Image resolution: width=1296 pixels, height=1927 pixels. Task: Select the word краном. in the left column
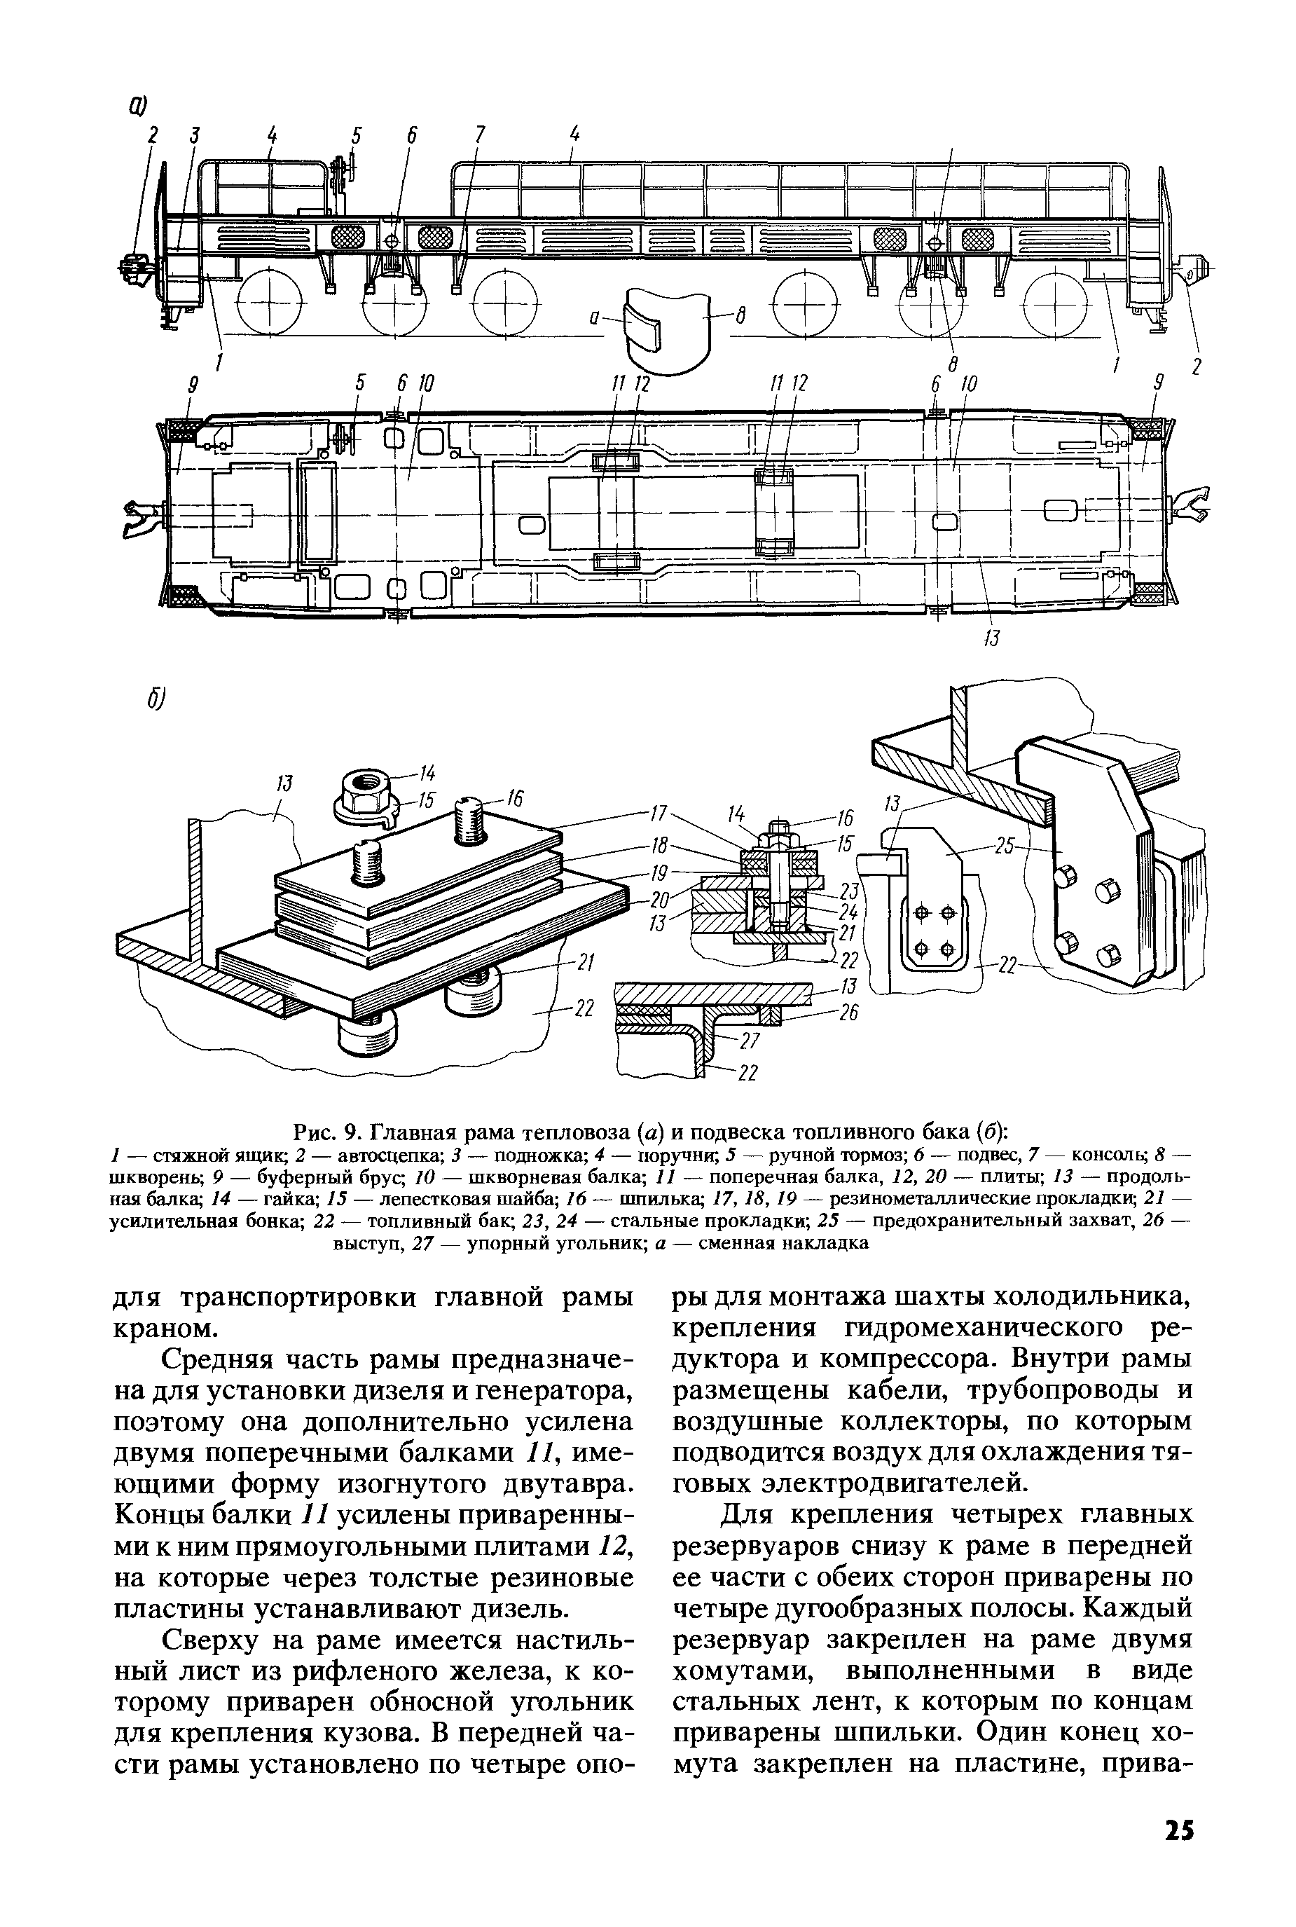tap(161, 1328)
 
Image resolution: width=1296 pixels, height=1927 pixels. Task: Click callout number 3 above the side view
tap(194, 135)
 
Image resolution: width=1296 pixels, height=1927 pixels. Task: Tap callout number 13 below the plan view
tap(992, 638)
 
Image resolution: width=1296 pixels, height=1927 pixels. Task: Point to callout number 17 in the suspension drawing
tap(658, 814)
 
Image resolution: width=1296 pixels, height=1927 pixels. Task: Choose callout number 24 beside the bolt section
tap(847, 912)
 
